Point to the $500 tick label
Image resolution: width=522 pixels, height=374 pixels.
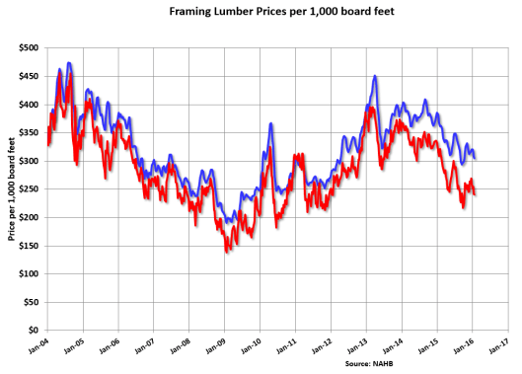(x=29, y=47)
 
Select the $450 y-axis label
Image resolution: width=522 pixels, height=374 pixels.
(x=29, y=76)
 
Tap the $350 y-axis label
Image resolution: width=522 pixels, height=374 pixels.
(x=29, y=132)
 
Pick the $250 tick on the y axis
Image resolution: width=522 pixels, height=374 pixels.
(x=29, y=188)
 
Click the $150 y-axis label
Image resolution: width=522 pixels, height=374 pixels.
(x=29, y=245)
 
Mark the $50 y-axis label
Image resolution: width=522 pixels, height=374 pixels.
(x=31, y=302)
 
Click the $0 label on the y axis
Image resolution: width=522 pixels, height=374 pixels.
(x=34, y=330)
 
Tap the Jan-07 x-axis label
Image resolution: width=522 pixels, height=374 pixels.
(x=146, y=345)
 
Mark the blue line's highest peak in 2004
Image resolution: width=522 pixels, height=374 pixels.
(x=68, y=64)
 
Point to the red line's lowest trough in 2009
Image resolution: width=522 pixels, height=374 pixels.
(x=227, y=252)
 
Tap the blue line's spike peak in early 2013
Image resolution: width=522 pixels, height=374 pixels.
(x=375, y=76)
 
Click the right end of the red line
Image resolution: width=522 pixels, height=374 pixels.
(x=475, y=193)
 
